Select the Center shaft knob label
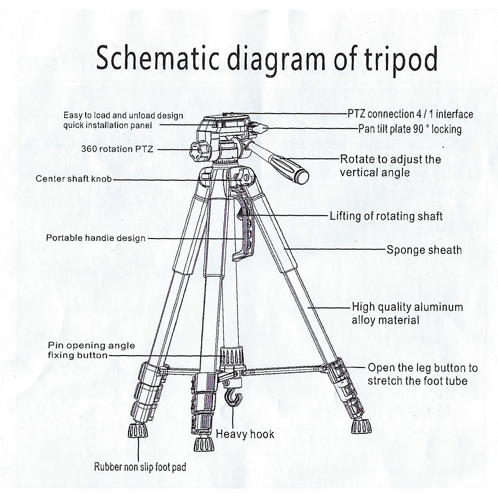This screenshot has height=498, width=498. pos(74,179)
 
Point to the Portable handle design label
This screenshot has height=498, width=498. pos(96,238)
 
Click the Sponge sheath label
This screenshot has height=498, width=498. pos(424,249)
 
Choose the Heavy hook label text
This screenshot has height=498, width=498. pos(245,434)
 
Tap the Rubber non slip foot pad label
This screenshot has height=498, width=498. pos(140,467)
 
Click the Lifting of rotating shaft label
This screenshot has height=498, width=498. pos(386,216)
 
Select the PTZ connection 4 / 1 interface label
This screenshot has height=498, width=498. pos(410,115)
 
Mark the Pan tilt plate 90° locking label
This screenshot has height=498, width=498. pos(410,129)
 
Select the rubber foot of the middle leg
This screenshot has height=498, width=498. pos(201,443)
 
